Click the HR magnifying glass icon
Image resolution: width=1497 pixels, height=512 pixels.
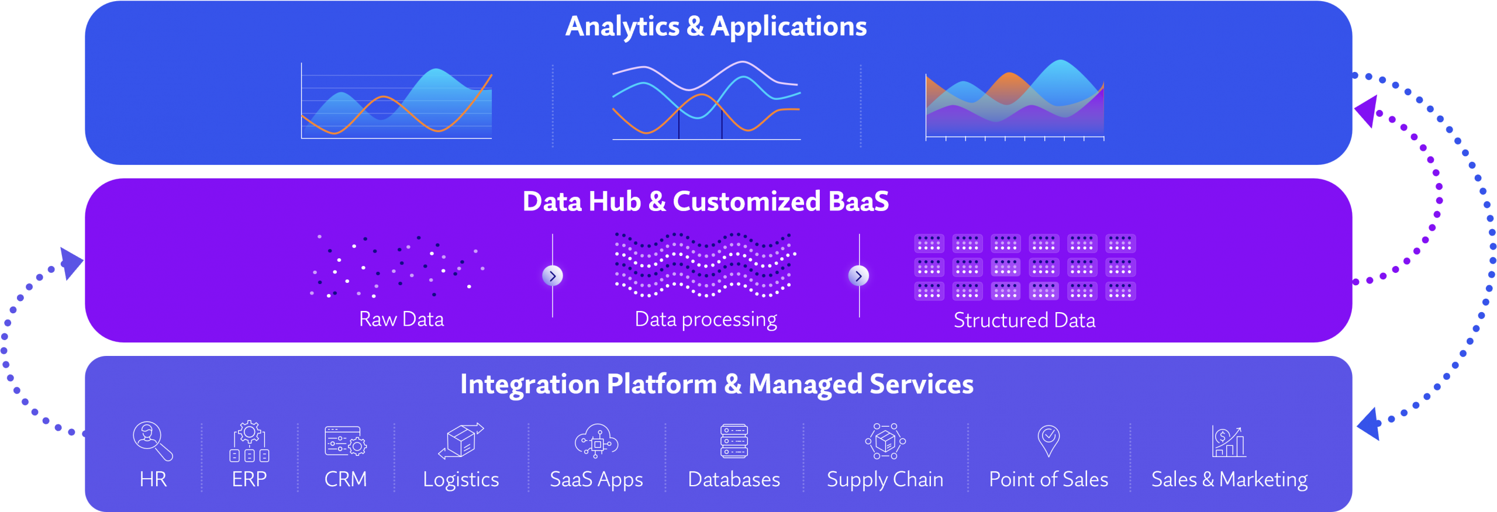pos(153,441)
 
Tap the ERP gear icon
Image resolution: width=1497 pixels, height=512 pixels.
pos(250,441)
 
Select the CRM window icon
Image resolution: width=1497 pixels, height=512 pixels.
pos(346,441)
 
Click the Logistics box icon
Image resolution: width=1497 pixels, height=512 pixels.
pos(461,440)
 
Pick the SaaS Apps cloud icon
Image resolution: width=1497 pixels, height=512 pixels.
pos(596,441)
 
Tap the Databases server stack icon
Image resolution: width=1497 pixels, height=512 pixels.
pos(734,441)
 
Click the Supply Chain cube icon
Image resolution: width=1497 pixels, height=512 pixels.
pos(885,441)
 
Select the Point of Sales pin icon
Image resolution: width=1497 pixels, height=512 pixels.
pos(1048,441)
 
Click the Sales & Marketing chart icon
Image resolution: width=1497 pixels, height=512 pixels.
pos(1229,441)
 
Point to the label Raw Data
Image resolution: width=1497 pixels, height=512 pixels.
pos(402,319)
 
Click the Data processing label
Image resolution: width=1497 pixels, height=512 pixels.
pos(706,320)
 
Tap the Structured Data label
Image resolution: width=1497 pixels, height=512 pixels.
pos(1025,320)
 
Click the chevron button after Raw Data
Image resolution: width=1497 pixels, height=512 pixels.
pos(553,276)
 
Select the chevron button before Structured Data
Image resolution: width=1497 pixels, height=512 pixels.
pos(858,276)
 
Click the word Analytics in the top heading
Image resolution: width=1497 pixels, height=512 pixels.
pos(623,27)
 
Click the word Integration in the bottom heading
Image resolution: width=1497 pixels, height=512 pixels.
pos(530,385)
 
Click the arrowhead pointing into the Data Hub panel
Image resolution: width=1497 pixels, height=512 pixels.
pos(71,263)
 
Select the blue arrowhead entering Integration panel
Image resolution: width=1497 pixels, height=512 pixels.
pos(1370,424)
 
